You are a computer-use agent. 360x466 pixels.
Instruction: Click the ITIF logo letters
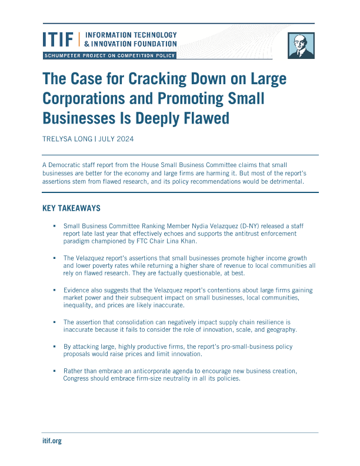(58, 39)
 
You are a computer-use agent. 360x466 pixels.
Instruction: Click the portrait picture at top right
(301, 45)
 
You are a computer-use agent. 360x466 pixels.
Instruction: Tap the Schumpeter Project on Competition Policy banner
(109, 55)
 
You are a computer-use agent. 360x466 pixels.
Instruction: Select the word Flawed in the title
(199, 118)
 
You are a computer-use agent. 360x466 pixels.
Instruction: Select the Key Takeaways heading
(72, 208)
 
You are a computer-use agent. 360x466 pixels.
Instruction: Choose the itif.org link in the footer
(52, 441)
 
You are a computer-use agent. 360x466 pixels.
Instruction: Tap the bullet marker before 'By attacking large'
(54, 347)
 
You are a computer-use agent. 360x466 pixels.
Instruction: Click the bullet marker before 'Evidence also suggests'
(54, 290)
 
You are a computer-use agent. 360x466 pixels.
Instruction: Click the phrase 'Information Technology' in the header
(131, 35)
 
